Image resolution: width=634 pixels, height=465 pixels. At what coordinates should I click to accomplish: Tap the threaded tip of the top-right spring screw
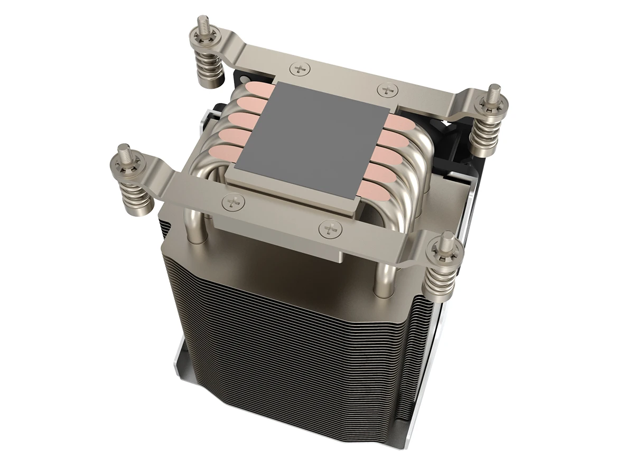click(495, 92)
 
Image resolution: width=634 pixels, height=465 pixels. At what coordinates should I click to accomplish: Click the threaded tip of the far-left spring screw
click(124, 151)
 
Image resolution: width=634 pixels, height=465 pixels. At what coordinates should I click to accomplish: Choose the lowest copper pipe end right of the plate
click(372, 188)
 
